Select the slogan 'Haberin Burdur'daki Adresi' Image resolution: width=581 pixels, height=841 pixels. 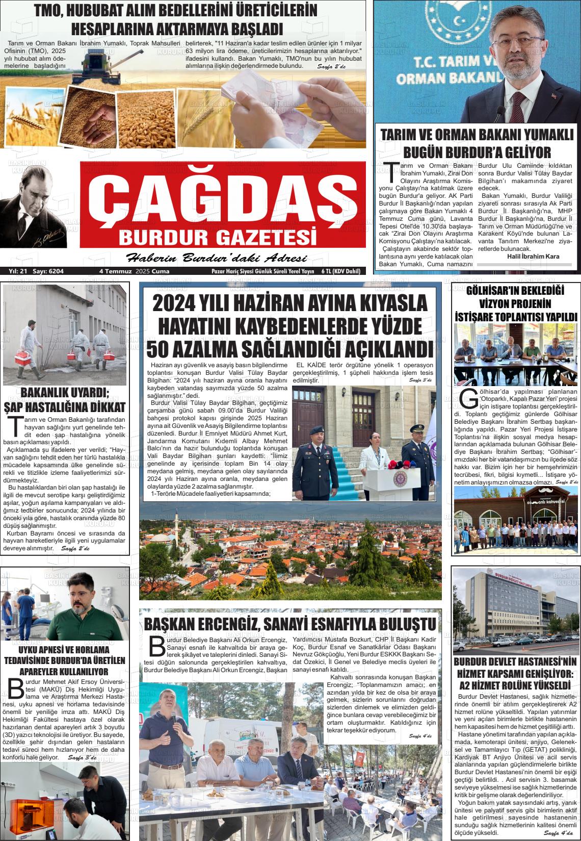(216, 257)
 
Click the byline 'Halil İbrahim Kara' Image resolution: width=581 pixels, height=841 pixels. (533, 256)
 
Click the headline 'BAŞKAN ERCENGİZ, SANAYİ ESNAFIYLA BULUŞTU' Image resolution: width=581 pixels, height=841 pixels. (290, 624)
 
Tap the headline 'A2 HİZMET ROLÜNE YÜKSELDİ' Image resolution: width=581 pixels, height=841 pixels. (515, 684)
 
